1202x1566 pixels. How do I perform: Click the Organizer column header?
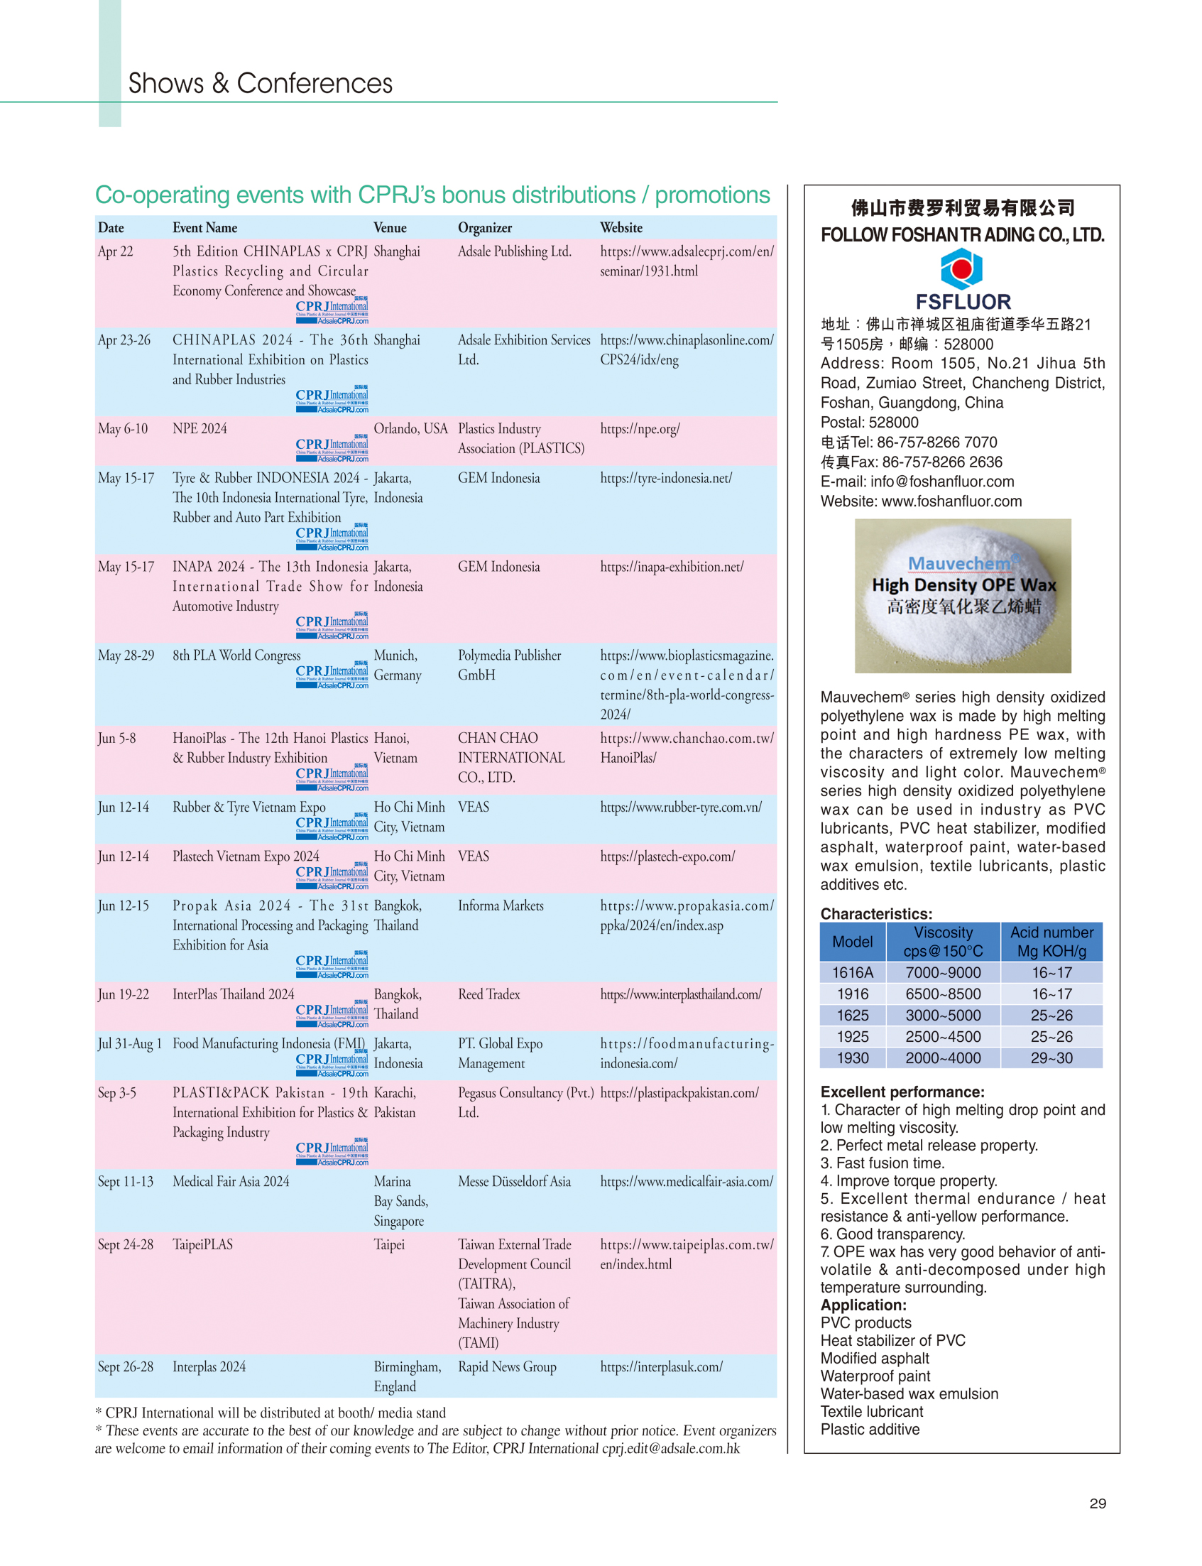coord(484,227)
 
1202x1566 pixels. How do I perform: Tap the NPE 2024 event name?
coord(200,429)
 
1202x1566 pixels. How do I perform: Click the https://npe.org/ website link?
coord(640,429)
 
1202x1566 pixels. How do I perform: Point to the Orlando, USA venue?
coord(410,429)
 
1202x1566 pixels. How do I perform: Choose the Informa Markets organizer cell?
coord(500,906)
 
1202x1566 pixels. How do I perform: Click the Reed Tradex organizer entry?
coord(488,994)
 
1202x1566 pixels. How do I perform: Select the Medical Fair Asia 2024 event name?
coord(230,1182)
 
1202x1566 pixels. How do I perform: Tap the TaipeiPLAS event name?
coord(202,1245)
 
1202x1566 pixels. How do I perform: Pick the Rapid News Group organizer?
coord(506,1367)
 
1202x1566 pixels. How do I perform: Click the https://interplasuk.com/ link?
coord(661,1367)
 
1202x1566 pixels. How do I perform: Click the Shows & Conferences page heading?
coord(260,84)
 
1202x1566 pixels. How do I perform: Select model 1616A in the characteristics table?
coord(852,973)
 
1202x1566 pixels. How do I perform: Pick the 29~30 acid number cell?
coord(1051,1057)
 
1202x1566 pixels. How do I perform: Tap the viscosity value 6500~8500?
coord(942,994)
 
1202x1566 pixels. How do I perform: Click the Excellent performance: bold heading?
coord(902,1092)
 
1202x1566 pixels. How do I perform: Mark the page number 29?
coord(1097,1504)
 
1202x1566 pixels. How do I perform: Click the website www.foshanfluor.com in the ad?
coord(951,501)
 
